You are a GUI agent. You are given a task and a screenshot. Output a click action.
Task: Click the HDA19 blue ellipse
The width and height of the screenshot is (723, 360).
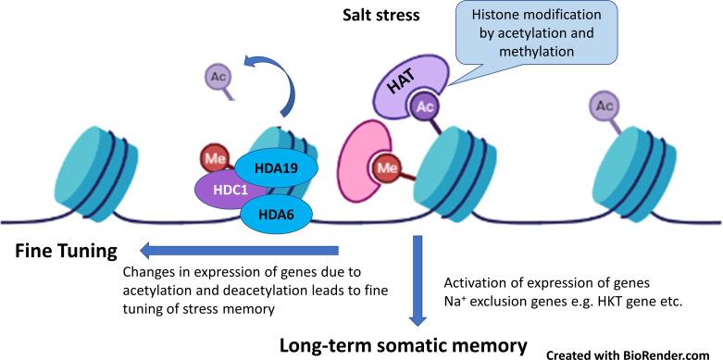(277, 168)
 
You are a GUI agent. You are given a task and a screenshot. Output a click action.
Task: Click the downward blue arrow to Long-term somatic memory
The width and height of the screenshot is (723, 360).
(418, 279)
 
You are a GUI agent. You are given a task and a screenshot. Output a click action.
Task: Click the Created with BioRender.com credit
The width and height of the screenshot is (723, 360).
(632, 352)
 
